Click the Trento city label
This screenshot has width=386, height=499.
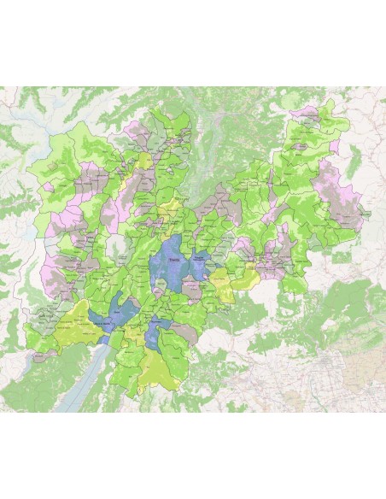174,259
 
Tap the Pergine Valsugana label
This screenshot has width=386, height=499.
201,257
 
